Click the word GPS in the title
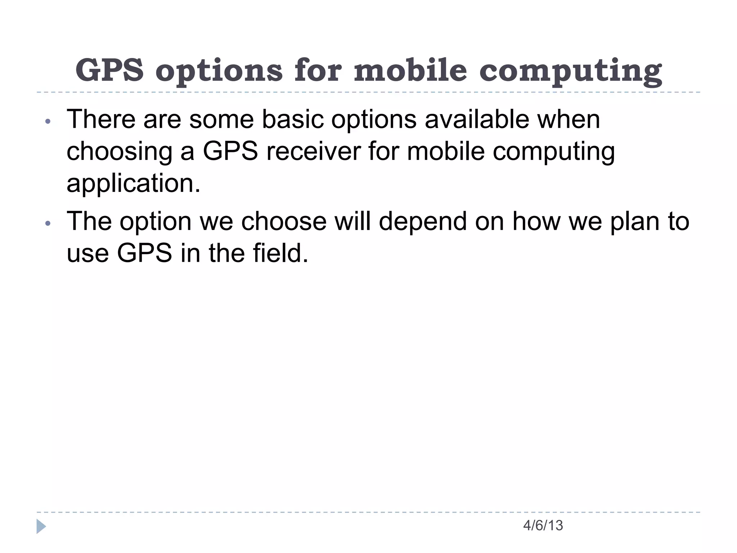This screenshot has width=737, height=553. (x=109, y=70)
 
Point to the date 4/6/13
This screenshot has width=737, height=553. (x=543, y=526)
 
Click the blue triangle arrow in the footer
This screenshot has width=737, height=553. (x=41, y=526)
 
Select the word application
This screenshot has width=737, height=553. (x=133, y=184)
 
